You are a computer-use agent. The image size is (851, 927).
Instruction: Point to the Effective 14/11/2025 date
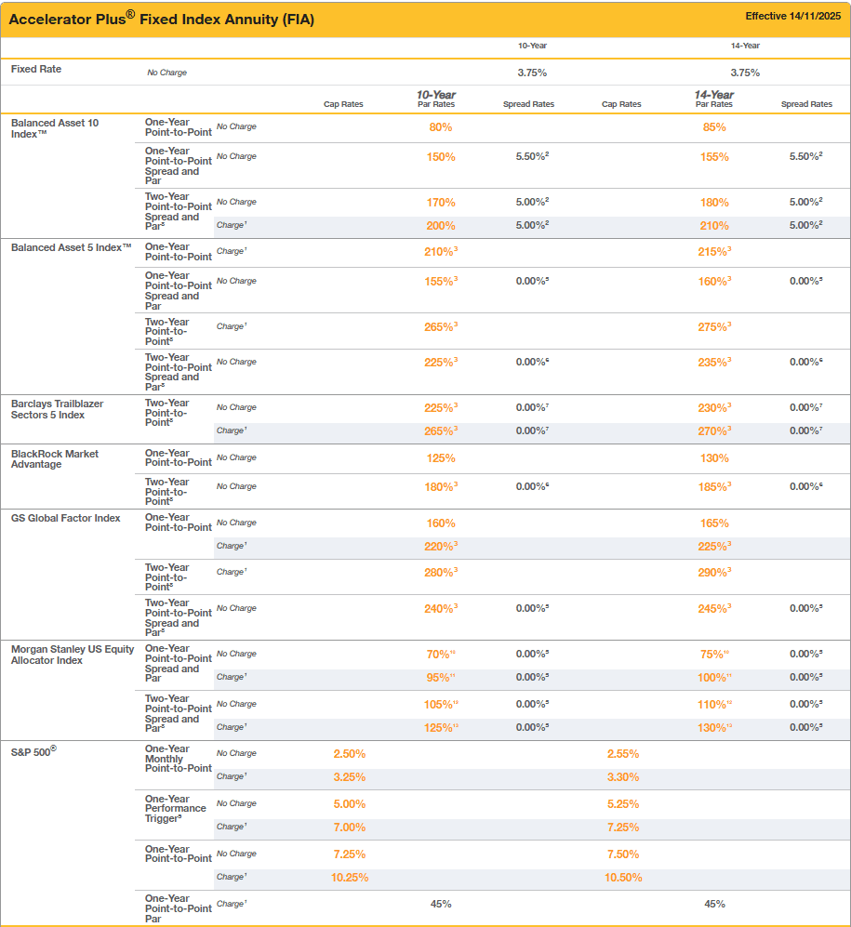pyautogui.click(x=794, y=17)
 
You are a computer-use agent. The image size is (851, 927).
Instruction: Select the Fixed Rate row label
pyautogui.click(x=36, y=69)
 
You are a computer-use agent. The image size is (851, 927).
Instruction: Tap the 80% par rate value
pyautogui.click(x=441, y=127)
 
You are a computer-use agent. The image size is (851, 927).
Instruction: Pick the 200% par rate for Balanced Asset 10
pyautogui.click(x=441, y=226)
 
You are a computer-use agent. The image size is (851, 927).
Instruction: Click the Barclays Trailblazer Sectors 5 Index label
pyautogui.click(x=58, y=409)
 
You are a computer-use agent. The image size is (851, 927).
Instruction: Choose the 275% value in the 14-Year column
pyautogui.click(x=713, y=326)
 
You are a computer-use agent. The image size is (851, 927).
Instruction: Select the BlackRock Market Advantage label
pyautogui.click(x=55, y=459)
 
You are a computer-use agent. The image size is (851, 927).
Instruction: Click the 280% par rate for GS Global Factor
pyautogui.click(x=439, y=573)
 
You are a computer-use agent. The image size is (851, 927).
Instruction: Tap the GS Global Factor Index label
pyautogui.click(x=66, y=518)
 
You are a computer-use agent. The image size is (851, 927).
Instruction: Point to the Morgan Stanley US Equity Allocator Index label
pyautogui.click(x=73, y=655)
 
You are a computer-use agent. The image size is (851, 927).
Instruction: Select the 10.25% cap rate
pyautogui.click(x=350, y=878)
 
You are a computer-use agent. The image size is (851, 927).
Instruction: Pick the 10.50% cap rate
pyautogui.click(x=623, y=878)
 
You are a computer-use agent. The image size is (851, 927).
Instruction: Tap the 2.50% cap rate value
pyautogui.click(x=350, y=754)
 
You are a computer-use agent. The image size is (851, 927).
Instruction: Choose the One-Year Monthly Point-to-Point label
pyautogui.click(x=178, y=759)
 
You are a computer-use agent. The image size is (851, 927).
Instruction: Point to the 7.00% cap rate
pyautogui.click(x=350, y=828)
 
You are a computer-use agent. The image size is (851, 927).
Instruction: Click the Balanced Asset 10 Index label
pyautogui.click(x=55, y=128)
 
